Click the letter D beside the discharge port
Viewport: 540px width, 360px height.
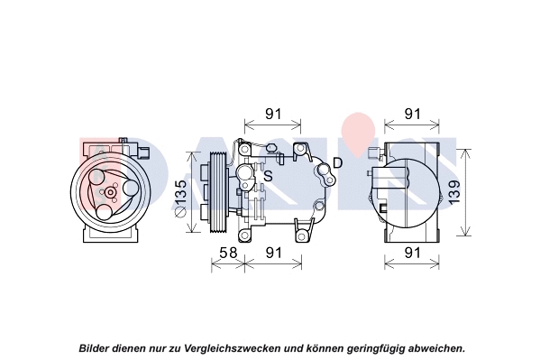tap(338, 162)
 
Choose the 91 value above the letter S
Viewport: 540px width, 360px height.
tap(272, 115)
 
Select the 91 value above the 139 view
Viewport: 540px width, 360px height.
tap(412, 115)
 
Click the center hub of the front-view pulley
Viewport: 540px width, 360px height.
tap(110, 191)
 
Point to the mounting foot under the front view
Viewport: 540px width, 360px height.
tap(111, 234)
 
